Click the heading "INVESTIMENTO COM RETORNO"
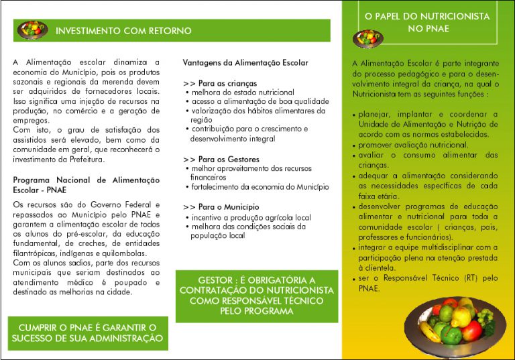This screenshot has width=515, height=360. tap(123, 31)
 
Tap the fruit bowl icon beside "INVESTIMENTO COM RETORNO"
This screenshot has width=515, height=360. tap(32, 30)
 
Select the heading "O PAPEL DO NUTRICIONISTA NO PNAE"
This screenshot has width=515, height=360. tap(427, 22)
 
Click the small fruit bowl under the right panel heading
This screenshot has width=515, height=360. tap(367, 38)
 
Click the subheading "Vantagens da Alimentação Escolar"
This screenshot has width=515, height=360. tap(245, 63)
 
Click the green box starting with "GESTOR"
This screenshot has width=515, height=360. tap(257, 295)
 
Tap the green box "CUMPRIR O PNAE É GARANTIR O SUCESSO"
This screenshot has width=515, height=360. tap(87, 333)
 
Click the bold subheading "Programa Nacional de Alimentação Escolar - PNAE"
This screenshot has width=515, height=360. tap(86, 184)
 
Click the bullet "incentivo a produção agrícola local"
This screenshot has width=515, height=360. tap(251, 217)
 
